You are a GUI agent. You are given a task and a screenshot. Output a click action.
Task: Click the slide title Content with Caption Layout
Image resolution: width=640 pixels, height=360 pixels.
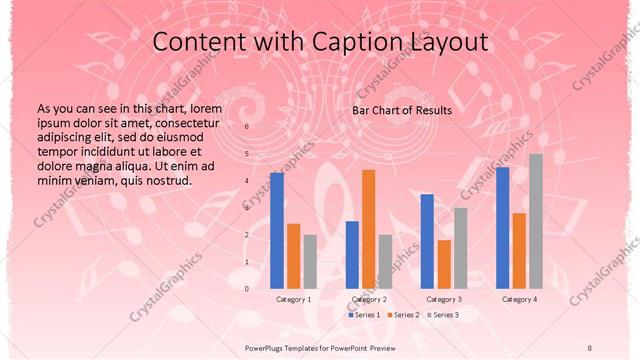tap(320, 42)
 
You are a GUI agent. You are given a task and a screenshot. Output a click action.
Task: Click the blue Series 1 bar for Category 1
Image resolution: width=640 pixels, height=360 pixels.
tap(277, 230)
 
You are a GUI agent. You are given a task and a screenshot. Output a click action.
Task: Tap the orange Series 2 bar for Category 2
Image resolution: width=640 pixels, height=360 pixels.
tap(369, 229)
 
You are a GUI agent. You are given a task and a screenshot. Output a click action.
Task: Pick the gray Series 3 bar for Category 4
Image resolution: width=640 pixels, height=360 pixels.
tap(536, 221)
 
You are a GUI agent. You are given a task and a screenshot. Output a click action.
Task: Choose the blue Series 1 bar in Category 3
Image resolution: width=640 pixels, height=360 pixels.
tap(427, 241)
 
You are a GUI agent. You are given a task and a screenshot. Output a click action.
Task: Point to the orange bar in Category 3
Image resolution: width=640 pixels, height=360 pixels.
tap(444, 264)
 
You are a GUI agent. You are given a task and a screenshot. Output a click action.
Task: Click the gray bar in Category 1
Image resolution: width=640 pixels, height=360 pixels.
tap(310, 261)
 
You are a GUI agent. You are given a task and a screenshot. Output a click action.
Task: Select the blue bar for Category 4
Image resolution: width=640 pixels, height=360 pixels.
tap(502, 227)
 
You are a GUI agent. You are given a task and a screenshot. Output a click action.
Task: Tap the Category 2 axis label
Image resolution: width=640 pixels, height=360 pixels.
tap(369, 299)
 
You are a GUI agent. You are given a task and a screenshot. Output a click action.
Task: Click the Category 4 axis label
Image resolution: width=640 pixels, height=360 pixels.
tap(519, 299)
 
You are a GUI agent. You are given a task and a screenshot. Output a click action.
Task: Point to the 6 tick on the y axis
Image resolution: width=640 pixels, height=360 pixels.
tap(248, 127)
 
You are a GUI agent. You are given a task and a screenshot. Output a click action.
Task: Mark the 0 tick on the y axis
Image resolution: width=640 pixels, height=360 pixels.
tap(248, 288)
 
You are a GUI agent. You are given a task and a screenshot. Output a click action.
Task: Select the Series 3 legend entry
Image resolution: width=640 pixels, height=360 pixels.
tap(443, 315)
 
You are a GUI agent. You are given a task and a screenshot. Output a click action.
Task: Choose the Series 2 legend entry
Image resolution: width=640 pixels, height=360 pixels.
tap(404, 315)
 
